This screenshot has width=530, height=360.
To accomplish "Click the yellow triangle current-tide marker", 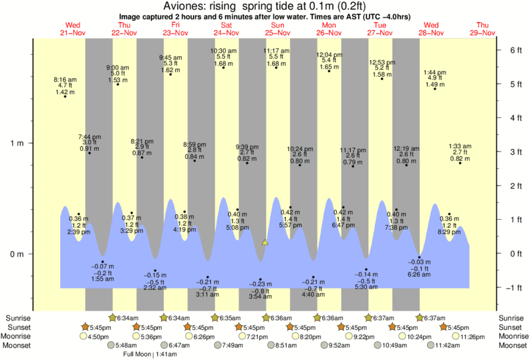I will coord(265,242).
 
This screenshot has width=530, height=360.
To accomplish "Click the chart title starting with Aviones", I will coord(265,7).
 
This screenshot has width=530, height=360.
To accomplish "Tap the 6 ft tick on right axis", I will coord(515,50).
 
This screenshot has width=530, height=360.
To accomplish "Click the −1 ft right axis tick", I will coord(515,288).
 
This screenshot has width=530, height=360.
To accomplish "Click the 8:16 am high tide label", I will coord(65,85).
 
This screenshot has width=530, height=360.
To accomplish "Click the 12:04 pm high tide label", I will coord(329,61).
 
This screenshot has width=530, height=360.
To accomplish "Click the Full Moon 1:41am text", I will coord(144,354).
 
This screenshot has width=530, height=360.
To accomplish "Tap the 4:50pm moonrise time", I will coord(98,337).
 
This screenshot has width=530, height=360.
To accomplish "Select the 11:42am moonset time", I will coord(448,345).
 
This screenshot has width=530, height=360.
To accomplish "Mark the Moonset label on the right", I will coord(512,345).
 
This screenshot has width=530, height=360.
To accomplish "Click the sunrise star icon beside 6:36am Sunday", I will coord(266,318).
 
